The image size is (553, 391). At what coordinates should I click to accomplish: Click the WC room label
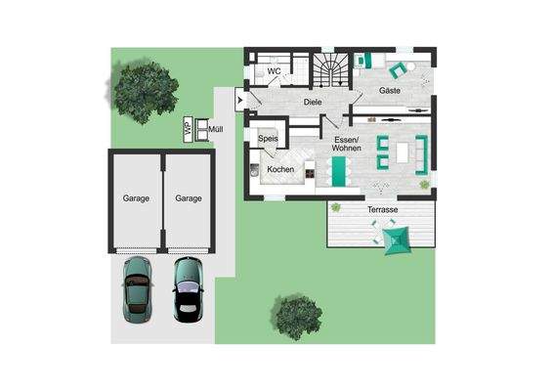276,71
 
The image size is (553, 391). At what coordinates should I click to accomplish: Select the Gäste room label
391,91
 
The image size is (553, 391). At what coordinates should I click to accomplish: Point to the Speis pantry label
270,140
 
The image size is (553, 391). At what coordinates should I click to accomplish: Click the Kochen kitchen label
280,169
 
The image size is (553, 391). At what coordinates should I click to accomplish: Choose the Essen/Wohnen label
347,147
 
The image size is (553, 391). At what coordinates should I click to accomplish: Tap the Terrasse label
382,210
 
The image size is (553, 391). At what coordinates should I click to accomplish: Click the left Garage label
136,198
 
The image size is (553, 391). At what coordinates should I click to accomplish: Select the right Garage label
189,198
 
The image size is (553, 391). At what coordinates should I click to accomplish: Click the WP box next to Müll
188,127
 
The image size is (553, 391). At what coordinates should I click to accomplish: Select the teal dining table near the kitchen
338,172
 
